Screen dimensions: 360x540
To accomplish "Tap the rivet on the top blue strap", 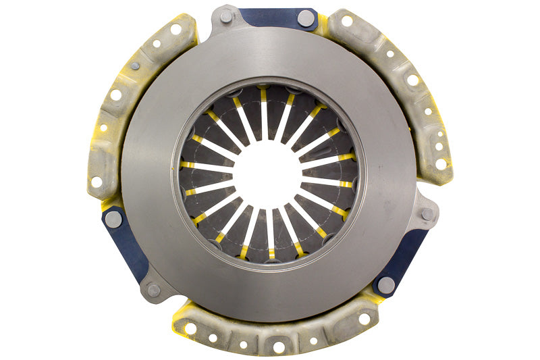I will point(306,18).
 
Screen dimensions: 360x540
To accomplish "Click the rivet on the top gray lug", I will point(225,17).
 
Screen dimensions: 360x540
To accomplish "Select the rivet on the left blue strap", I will point(113,218).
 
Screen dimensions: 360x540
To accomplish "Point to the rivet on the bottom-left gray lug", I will point(154,290).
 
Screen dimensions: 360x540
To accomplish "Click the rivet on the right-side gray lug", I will point(427,214).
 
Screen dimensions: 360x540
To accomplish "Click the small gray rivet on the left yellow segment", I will point(135,66).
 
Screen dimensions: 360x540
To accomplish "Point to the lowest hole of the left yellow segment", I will point(96,182).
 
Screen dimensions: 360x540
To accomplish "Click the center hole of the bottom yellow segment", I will point(278,346).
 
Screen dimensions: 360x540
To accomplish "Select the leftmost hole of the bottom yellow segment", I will point(191,328).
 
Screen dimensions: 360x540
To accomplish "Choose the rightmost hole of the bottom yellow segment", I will point(364,318).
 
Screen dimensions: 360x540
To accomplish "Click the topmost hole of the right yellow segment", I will point(347,21).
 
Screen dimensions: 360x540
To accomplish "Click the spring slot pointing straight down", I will point(270,233).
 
